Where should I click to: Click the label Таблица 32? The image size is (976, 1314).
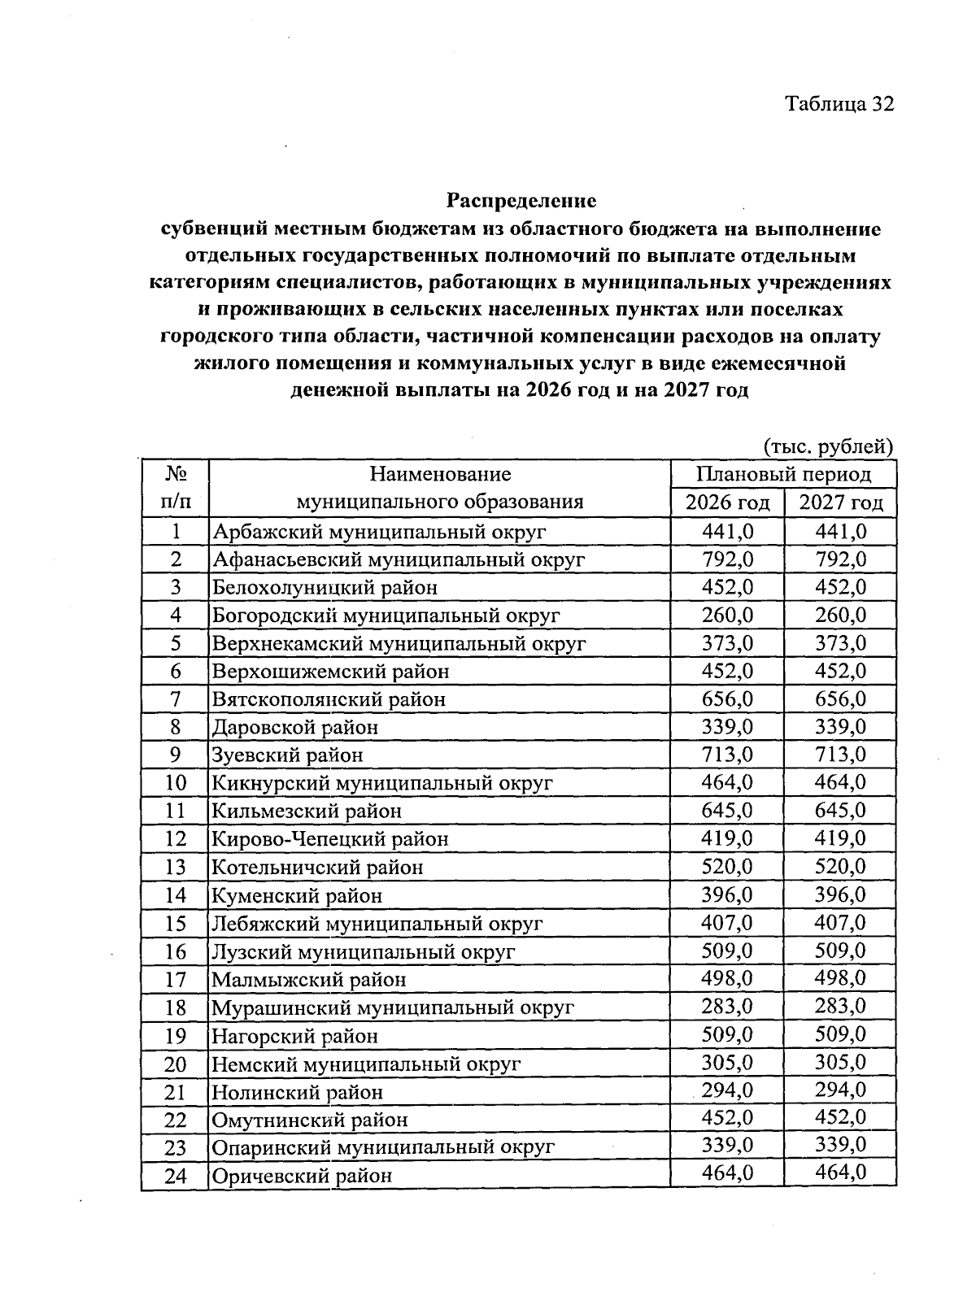coord(839,104)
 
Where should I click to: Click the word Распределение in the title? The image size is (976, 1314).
coord(521,200)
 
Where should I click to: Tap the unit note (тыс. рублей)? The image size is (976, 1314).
coord(828,446)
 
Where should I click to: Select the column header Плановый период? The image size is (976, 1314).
coord(783,474)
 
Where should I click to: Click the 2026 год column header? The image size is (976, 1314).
coord(727,503)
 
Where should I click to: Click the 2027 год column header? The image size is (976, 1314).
coord(840,503)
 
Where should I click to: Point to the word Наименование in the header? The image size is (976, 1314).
coord(440,474)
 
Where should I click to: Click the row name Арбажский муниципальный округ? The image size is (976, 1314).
coord(379,532)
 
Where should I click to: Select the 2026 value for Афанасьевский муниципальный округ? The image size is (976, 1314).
coord(727,559)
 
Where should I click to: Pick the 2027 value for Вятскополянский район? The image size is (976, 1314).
coord(840,698)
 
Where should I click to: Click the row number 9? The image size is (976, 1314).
coord(175,755)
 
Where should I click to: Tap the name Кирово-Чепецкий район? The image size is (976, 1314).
coord(330,838)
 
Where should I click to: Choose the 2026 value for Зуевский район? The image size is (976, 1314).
coord(727,755)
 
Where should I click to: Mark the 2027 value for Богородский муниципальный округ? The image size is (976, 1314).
coord(840,616)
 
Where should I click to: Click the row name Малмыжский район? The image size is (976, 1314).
coord(309,980)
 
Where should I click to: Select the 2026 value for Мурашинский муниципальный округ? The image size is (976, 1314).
coord(727,1007)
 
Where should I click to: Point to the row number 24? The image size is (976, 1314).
coord(175,1176)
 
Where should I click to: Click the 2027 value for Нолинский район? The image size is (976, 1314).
coord(840,1090)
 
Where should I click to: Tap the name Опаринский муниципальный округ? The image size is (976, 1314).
coord(383,1147)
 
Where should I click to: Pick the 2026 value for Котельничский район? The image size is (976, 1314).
coord(727,866)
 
